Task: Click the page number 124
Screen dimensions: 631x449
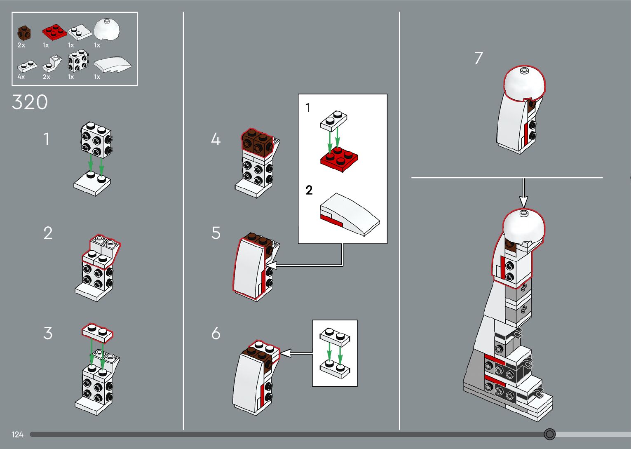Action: click(17, 434)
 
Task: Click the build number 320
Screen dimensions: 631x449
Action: click(30, 102)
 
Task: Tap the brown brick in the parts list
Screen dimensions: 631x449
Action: click(24, 33)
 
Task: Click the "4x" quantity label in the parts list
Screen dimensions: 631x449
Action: click(21, 77)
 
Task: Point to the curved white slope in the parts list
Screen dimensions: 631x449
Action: click(113, 65)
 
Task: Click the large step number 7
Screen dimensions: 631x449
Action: click(479, 58)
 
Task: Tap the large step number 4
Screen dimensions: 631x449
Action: click(216, 139)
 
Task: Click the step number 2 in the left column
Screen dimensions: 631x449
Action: click(48, 233)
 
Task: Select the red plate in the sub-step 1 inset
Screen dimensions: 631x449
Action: click(339, 159)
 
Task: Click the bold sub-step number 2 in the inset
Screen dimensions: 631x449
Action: click(309, 190)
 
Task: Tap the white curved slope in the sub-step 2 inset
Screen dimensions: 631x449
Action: click(350, 214)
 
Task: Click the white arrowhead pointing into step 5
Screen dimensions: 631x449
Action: click(272, 266)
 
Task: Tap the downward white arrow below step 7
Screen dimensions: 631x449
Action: click(524, 193)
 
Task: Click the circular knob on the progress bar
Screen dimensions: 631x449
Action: click(549, 434)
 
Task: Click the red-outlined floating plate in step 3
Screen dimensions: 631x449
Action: click(97, 333)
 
